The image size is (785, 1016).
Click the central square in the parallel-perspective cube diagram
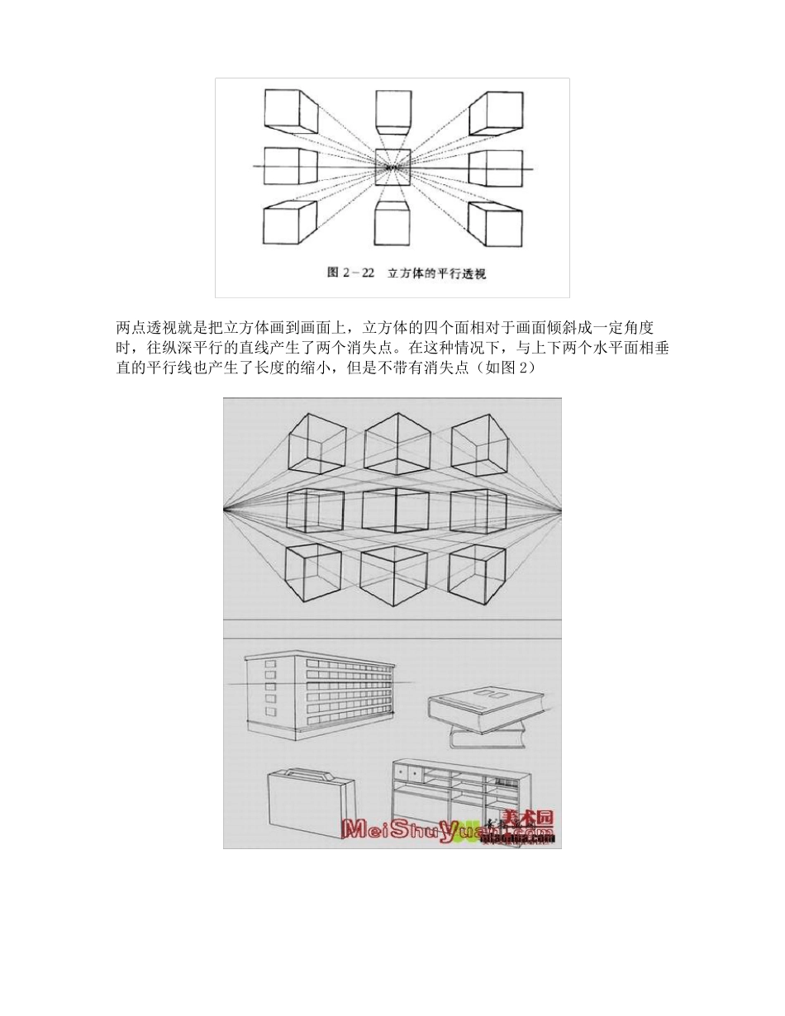point(392,168)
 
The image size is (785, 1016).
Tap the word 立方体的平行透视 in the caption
point(436,273)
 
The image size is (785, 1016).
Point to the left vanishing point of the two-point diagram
point(225,510)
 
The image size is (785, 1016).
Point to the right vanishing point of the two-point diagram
point(560,510)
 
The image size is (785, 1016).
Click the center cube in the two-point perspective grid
point(394,510)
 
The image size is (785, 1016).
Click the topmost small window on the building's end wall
point(269,666)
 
